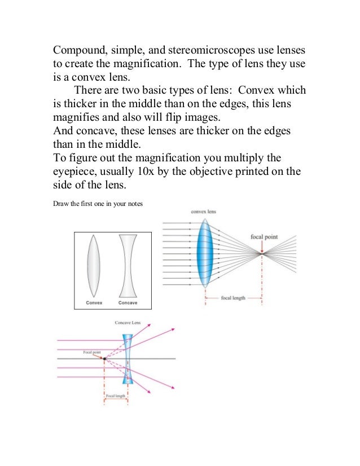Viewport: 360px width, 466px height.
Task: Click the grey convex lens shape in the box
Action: coord(95,263)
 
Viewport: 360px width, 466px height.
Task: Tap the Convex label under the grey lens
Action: coord(95,302)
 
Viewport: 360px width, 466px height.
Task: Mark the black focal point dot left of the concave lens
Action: coord(105,359)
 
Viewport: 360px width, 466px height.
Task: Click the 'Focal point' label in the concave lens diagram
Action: coord(91,352)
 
